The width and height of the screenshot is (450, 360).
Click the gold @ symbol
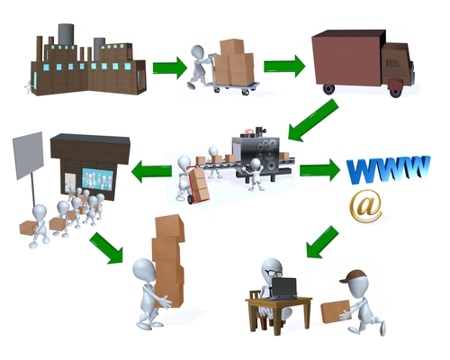tap(365, 207)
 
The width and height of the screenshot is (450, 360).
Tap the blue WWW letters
tap(388, 168)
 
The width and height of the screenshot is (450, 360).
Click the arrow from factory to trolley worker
tap(170, 67)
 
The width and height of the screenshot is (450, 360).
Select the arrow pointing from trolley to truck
tap(284, 67)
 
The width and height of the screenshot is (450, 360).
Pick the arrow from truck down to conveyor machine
tap(312, 121)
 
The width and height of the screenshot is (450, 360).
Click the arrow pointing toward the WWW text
tap(319, 170)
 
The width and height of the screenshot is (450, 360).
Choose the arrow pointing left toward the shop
tap(151, 171)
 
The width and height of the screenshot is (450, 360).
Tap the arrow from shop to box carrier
tap(107, 247)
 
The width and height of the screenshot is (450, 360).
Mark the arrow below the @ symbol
tap(322, 242)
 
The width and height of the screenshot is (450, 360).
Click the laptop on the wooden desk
tap(283, 289)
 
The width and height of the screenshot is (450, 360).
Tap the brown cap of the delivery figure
tap(353, 276)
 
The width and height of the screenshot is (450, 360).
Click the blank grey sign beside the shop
tap(28, 156)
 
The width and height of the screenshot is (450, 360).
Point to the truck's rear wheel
tap(329, 89)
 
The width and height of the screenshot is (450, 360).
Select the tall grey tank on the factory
tap(66, 35)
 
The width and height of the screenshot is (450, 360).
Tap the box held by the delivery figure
tap(336, 311)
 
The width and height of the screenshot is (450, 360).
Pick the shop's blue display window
tap(97, 180)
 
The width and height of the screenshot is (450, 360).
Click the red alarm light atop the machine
tap(248, 131)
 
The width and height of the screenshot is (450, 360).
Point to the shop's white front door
tap(70, 183)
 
